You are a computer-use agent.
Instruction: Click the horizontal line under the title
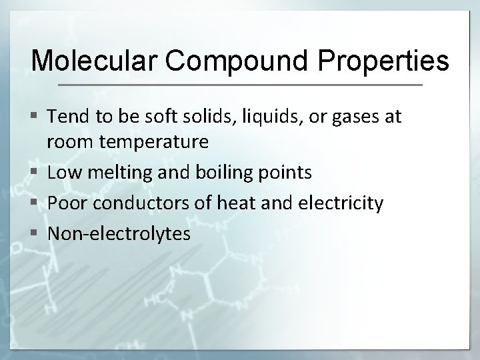click(240, 85)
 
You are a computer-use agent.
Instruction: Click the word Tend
click(64, 117)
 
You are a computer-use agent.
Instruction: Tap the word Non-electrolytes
click(119, 234)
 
